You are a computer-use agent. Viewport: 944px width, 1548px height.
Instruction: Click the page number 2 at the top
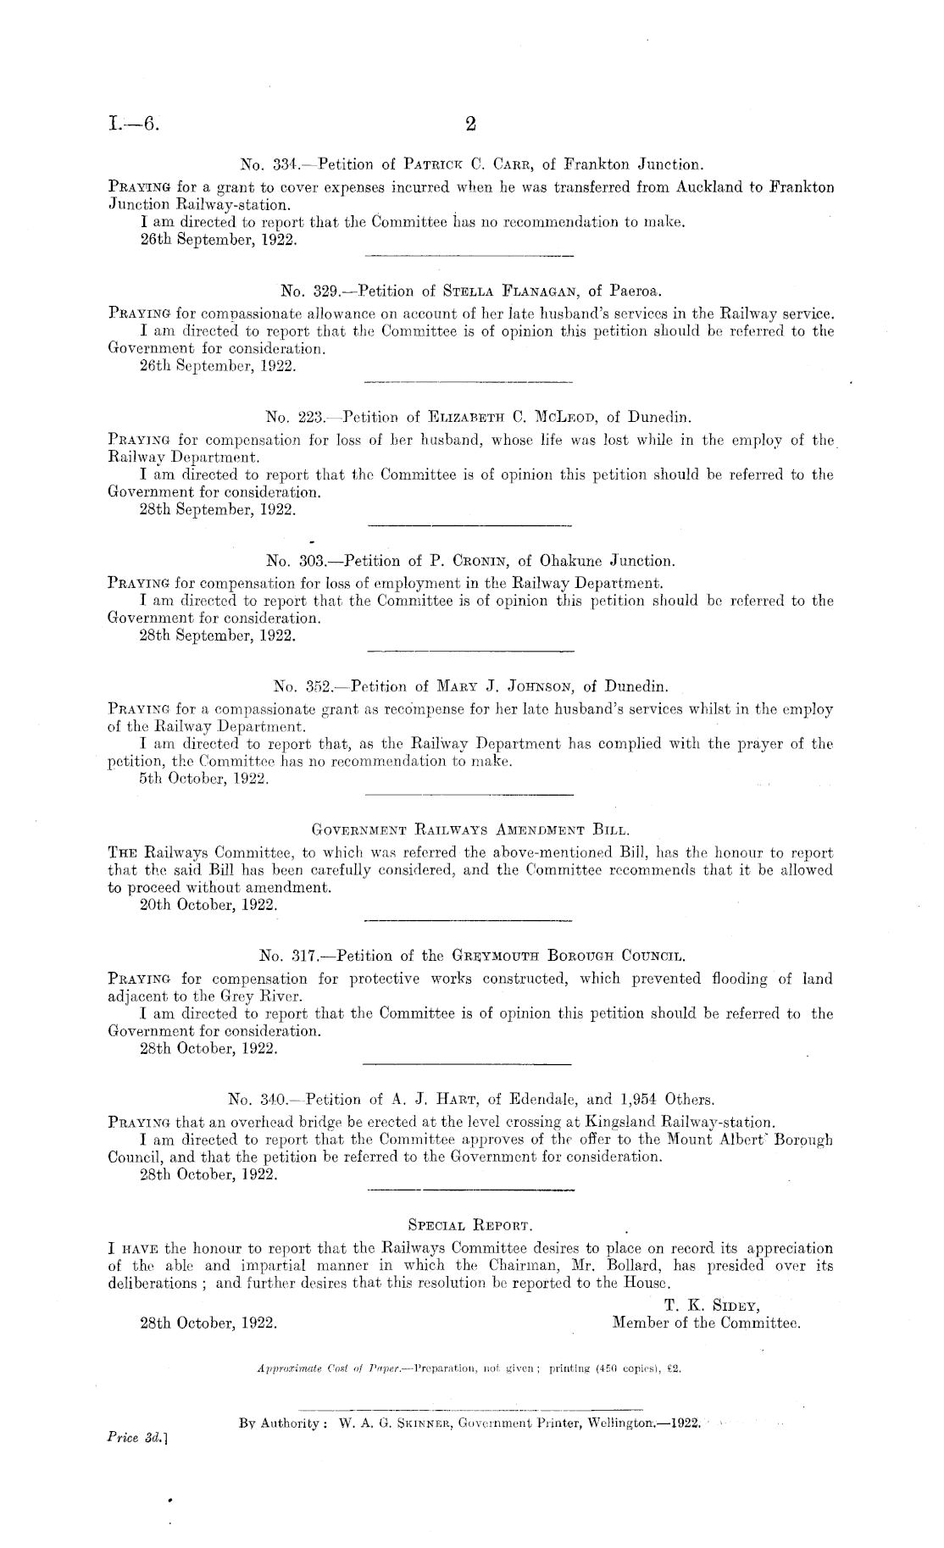point(471,125)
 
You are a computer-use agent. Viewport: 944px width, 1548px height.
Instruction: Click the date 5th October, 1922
point(204,781)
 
